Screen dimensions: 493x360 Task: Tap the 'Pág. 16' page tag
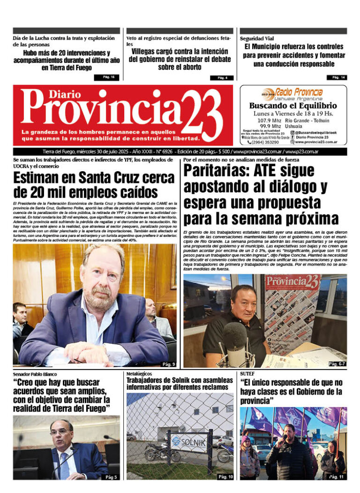(x=108, y=77)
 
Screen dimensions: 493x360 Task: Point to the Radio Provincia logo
(x=293, y=93)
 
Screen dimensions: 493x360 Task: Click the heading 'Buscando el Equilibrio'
(x=293, y=106)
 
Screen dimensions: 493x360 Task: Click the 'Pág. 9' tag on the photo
(x=168, y=364)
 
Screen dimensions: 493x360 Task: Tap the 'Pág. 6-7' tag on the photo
(x=337, y=364)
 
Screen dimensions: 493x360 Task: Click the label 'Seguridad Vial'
(x=257, y=38)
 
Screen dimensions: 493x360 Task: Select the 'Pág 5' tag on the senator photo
(x=111, y=477)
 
